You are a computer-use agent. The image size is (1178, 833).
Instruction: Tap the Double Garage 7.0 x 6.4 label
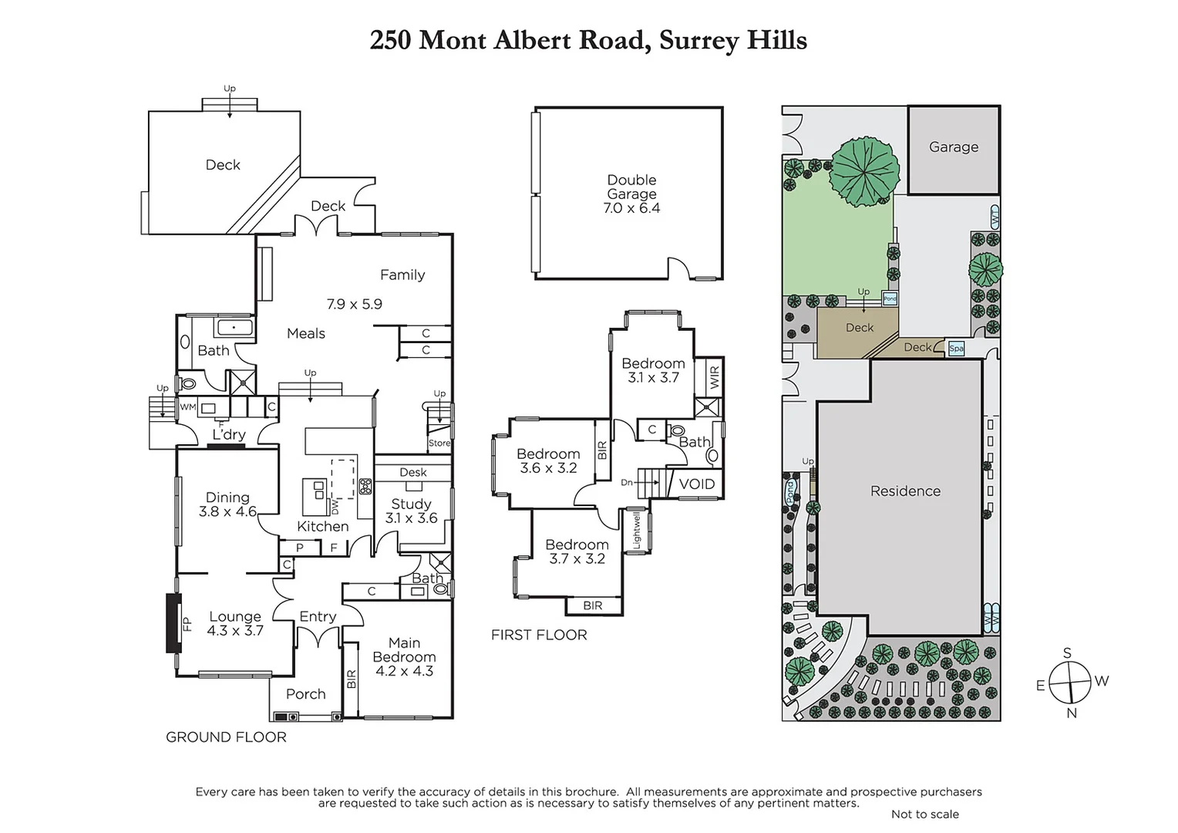[631, 194]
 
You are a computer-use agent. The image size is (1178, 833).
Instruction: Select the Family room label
[402, 275]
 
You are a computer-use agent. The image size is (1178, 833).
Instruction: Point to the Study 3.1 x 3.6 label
[411, 511]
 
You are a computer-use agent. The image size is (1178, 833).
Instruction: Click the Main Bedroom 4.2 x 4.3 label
[404, 656]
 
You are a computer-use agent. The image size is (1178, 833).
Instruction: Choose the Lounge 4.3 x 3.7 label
[235, 623]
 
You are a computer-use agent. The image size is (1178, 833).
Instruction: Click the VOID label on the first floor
[696, 484]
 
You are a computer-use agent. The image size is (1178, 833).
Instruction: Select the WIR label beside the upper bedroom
[714, 378]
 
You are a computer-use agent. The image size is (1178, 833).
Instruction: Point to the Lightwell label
[637, 531]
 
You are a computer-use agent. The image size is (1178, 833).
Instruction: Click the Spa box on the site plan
[956, 349]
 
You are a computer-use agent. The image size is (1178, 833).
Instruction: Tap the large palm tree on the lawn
[864, 171]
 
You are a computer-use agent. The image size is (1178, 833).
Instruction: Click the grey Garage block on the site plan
[954, 150]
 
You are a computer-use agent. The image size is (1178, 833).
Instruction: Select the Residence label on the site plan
[905, 491]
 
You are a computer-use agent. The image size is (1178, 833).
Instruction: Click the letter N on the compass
[1072, 713]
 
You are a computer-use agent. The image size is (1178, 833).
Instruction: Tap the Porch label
[305, 694]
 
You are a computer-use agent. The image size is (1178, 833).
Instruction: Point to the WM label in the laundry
[188, 406]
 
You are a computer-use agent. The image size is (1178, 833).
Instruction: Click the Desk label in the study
[412, 472]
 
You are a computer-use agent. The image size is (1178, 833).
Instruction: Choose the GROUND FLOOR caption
[226, 737]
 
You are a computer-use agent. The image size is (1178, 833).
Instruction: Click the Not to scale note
[924, 814]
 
